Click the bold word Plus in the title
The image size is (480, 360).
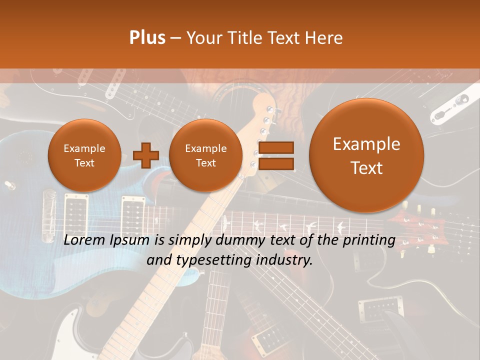pos(147,38)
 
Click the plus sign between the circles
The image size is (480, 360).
pos(146,155)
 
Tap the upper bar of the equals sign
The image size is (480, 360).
pos(275,147)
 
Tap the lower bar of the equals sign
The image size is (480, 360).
pos(275,163)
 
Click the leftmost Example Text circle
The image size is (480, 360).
pos(84,155)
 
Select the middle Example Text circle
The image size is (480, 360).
pos(205,155)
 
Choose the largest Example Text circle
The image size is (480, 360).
pos(366,155)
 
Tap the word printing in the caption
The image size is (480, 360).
pos(369,240)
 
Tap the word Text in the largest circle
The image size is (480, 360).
pos(366,168)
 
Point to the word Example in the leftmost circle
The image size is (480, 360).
pos(84,148)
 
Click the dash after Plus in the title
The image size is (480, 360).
pos(175,38)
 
